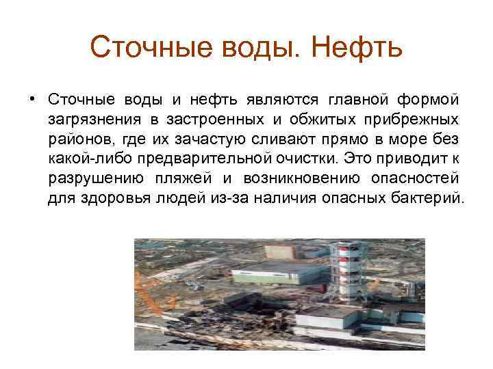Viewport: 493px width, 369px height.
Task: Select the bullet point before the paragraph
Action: [x=32, y=100]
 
